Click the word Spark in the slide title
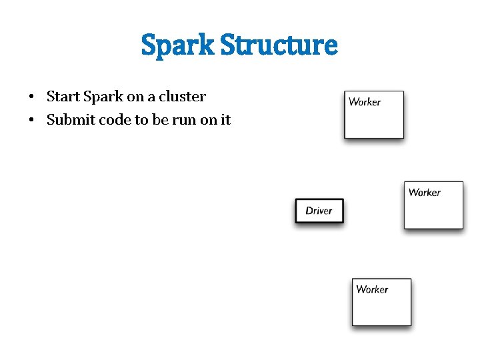(x=178, y=46)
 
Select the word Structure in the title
(x=279, y=45)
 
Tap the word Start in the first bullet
(x=63, y=97)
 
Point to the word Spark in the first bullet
(x=103, y=97)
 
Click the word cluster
(x=182, y=97)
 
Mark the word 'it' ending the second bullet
(x=225, y=121)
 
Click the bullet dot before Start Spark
(x=32, y=97)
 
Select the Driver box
(x=319, y=211)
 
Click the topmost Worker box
(x=373, y=115)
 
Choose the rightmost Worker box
(x=433, y=205)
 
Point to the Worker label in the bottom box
(x=372, y=289)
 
